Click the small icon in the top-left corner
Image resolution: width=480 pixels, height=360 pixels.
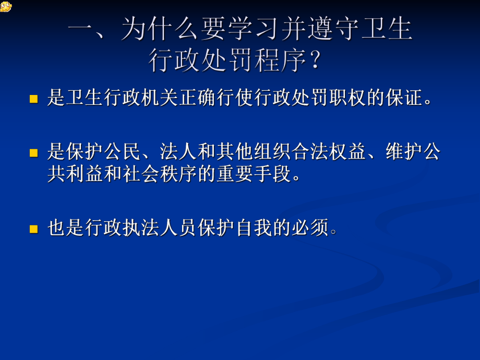pyautogui.click(x=6, y=6)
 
